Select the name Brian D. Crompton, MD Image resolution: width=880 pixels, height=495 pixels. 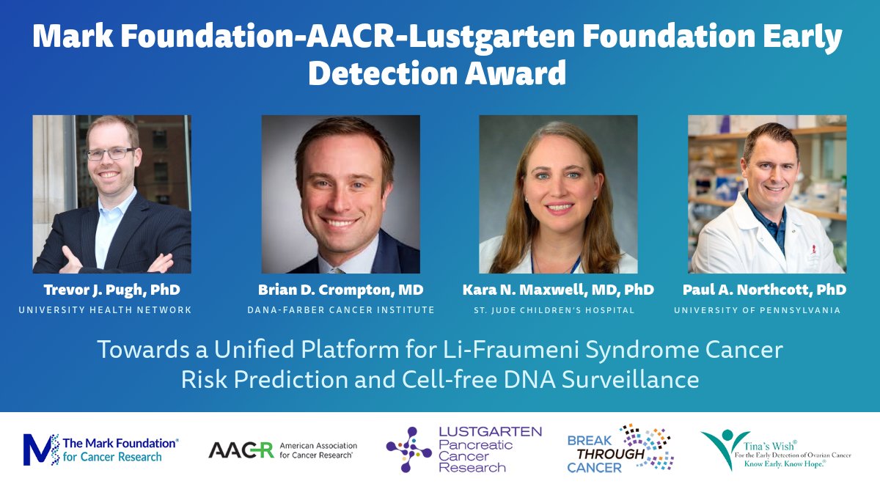(340, 290)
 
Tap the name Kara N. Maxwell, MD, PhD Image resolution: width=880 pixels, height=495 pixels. (558, 290)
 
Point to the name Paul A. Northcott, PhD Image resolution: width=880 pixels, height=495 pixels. (764, 290)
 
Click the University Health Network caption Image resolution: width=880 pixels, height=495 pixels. (106, 310)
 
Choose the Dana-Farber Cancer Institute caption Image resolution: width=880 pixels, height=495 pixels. (340, 310)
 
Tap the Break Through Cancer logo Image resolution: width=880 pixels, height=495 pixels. (620, 448)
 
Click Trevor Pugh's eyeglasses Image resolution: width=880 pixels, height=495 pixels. (111, 154)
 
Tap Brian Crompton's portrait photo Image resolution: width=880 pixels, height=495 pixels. (341, 194)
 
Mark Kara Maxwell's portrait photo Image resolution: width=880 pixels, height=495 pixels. (558, 194)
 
